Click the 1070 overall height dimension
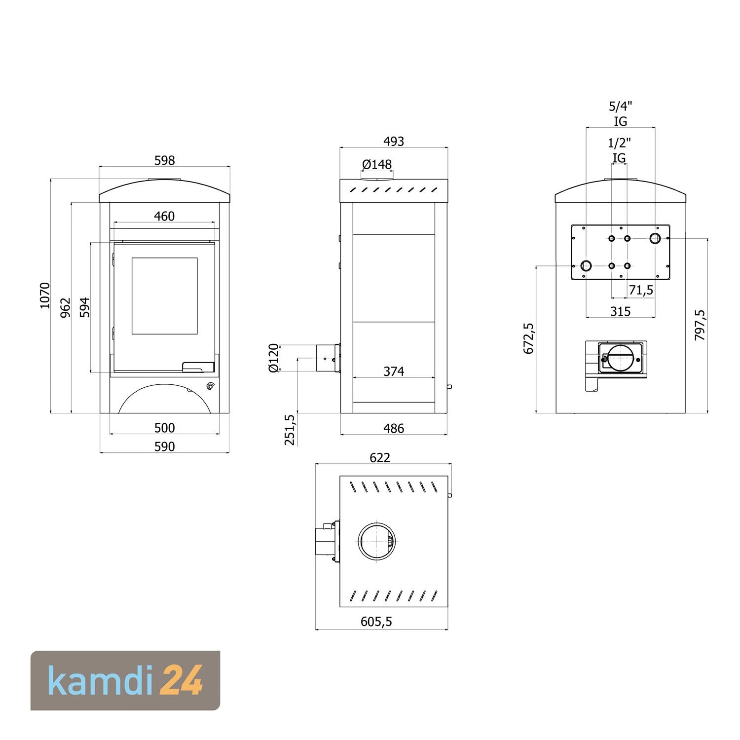45,296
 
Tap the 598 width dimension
164,160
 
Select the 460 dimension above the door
164,216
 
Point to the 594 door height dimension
85,307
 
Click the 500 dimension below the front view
164,428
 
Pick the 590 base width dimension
164,446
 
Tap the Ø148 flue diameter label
377,164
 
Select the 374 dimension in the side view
394,371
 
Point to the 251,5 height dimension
290,430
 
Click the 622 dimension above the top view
380,458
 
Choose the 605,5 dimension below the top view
376,622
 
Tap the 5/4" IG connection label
620,113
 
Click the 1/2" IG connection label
619,150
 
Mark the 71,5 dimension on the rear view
641,290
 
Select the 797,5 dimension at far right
700,325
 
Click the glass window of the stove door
164,296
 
